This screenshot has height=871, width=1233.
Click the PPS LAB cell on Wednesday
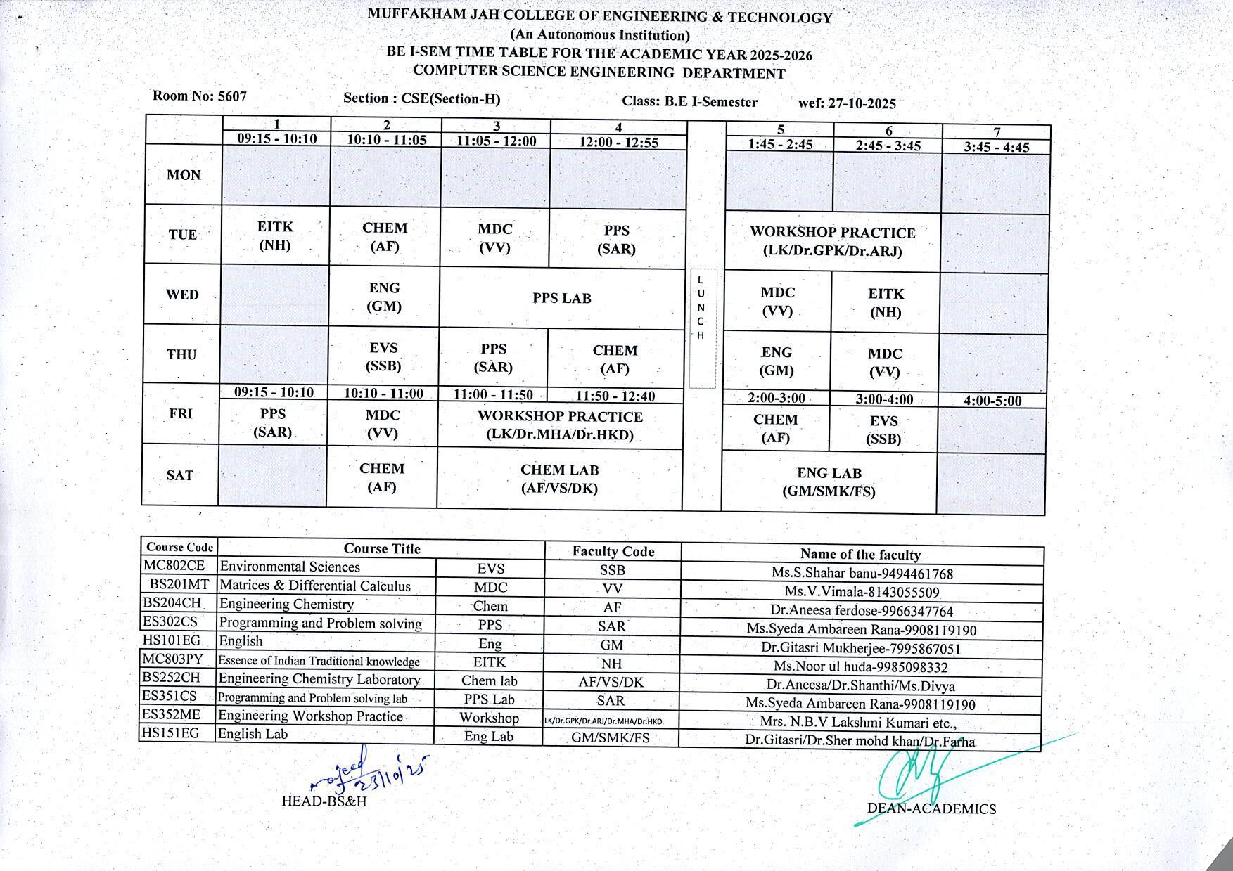[561, 298]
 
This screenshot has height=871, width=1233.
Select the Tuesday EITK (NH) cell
[275, 236]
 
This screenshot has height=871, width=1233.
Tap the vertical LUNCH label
[701, 308]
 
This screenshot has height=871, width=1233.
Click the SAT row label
[180, 475]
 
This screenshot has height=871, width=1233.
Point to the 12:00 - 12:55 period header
[618, 142]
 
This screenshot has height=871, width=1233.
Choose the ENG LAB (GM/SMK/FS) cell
[829, 482]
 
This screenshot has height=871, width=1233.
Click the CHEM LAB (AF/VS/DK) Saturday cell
[559, 479]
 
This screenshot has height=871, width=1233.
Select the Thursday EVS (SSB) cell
[384, 356]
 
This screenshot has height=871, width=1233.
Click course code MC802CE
[174, 565]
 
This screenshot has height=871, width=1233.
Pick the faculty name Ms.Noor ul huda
[860, 667]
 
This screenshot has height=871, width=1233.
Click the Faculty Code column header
[613, 552]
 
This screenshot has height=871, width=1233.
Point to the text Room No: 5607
[200, 96]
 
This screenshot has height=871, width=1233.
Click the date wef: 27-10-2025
[847, 103]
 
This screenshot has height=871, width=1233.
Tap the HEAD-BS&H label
[324, 801]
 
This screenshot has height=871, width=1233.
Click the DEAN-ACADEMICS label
[931, 808]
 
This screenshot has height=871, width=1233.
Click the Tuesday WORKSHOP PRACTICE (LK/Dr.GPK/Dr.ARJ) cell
[832, 241]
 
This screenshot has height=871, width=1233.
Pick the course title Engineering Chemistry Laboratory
[319, 679]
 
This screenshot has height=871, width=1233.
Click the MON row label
[184, 175]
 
